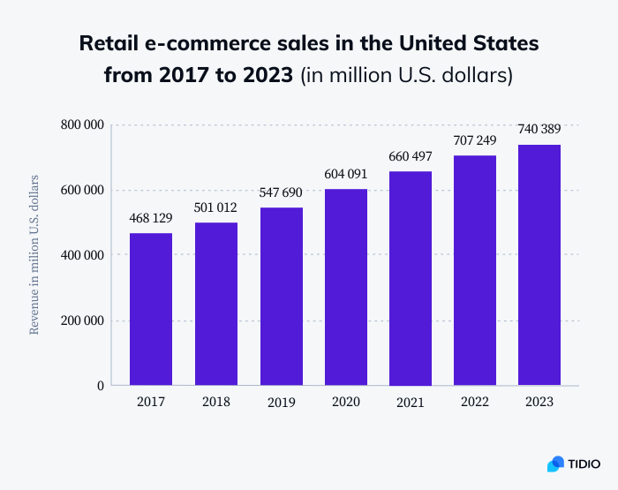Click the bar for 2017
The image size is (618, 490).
click(x=151, y=309)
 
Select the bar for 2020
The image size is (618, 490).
click(x=346, y=287)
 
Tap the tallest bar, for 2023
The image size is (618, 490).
click(x=539, y=265)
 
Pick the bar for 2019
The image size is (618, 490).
click(x=281, y=297)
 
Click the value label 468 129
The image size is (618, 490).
click(x=151, y=217)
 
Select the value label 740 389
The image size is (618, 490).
click(x=539, y=129)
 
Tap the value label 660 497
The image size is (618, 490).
click(x=411, y=156)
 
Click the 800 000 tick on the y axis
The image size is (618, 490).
click(x=83, y=124)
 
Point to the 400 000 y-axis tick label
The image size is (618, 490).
click(x=83, y=255)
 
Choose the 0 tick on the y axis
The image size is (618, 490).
click(x=101, y=386)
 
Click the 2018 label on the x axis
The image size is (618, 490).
click(x=215, y=402)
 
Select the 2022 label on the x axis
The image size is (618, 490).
click(x=474, y=402)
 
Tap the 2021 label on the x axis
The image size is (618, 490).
click(x=411, y=402)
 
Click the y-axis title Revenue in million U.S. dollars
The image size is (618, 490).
click(x=34, y=255)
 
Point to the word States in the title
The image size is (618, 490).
click(x=502, y=42)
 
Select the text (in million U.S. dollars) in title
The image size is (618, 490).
click(x=407, y=75)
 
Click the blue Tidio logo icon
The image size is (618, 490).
click(x=556, y=464)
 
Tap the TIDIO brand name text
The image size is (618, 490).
click(x=584, y=464)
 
